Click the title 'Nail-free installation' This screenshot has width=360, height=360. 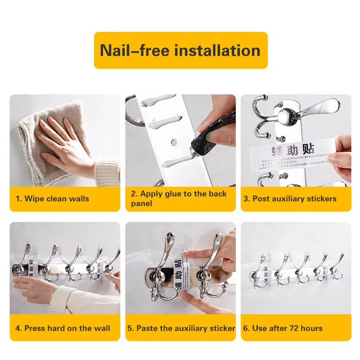[x=180, y=50]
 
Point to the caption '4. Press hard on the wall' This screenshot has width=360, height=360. [x=63, y=328]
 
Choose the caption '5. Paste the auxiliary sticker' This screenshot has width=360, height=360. [x=181, y=328]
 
